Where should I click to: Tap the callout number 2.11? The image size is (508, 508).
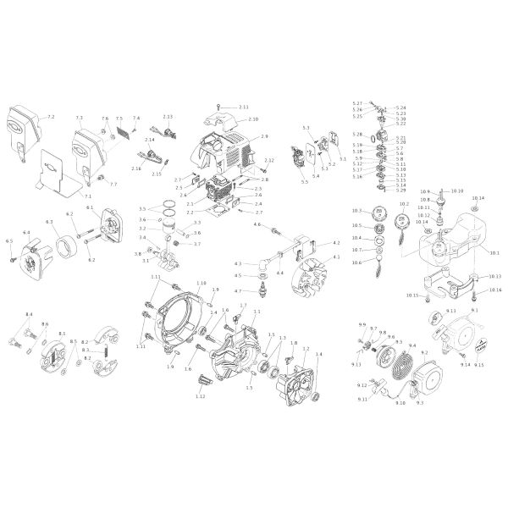[244, 107]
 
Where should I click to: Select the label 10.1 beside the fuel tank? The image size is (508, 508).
[495, 253]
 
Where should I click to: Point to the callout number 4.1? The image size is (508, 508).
[337, 257]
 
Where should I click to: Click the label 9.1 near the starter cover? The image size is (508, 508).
[475, 312]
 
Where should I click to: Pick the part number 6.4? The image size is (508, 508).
[26, 232]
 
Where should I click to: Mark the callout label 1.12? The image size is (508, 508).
[201, 396]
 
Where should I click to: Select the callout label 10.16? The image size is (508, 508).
[495, 290]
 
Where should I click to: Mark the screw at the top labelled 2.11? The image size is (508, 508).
[219, 105]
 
